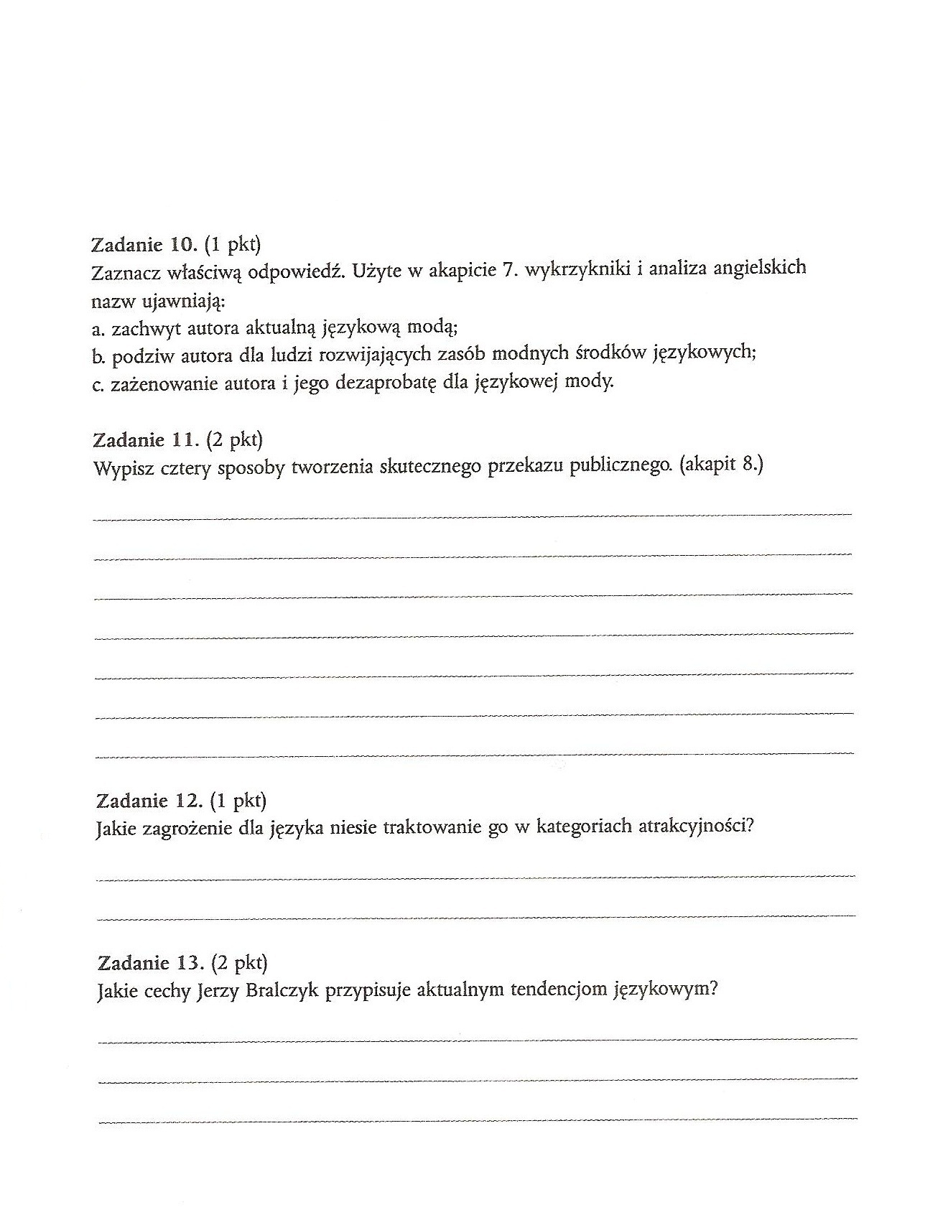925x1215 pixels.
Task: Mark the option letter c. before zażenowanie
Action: [99, 384]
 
